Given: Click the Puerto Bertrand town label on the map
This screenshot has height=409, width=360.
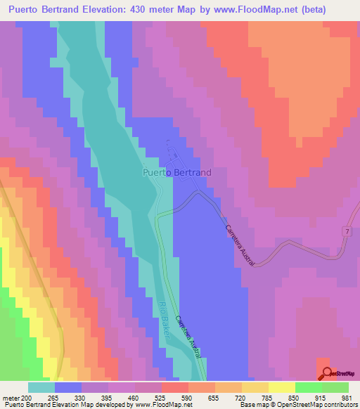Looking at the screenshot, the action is pos(176,171).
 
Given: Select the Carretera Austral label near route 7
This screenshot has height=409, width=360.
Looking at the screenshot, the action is pos(240,245).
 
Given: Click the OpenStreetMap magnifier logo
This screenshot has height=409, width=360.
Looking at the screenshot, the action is pos(327,372).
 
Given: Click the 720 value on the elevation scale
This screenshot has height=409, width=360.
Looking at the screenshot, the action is pos(228,397).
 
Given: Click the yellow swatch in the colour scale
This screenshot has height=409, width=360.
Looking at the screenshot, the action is pos(281,387).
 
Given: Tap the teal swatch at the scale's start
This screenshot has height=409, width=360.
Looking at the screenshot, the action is pos(41,387).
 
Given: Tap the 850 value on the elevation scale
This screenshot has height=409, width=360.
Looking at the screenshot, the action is pos(281,397).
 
